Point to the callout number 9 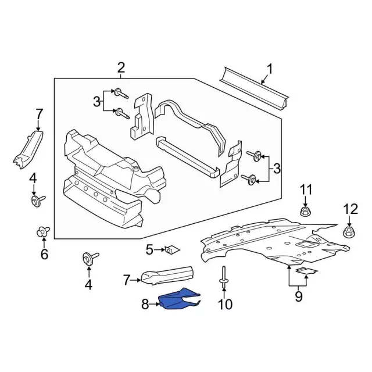click(x=298, y=297)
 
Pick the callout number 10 click(x=224, y=303)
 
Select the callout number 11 click(x=306, y=189)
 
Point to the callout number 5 click(x=149, y=250)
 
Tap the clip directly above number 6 click(x=42, y=233)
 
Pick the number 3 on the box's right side click(x=277, y=169)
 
